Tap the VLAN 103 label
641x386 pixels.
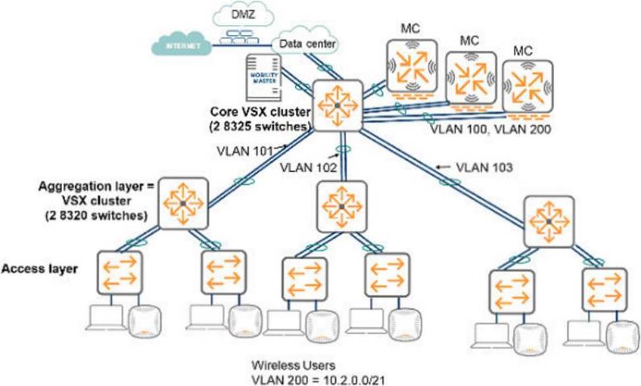coord(484,167)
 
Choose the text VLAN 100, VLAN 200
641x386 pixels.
coord(490,130)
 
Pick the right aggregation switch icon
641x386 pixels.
coord(548,220)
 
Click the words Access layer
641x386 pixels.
coord(41,269)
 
